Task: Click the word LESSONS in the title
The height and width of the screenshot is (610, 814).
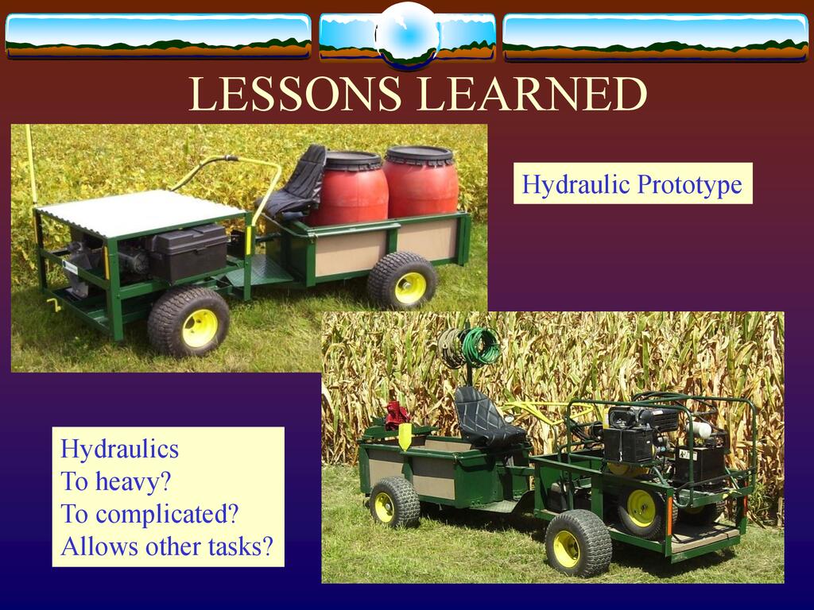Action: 295,94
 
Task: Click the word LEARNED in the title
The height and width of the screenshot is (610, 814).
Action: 533,94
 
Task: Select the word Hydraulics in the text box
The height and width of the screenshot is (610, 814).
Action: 119,450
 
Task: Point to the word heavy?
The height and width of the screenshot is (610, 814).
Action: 134,482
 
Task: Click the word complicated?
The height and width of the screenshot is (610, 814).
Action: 167,514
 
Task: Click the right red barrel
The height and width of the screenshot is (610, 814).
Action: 421,181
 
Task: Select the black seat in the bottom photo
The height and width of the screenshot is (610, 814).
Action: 486,419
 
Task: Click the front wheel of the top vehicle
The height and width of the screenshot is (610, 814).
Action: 189,322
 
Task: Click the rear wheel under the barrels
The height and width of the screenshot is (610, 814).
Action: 402,280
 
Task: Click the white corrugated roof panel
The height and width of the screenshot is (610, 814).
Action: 139,212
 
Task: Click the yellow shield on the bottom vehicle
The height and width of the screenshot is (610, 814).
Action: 405,436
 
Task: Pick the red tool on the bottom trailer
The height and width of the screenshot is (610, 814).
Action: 397,415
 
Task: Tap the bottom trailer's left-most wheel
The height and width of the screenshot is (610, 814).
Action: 394,503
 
